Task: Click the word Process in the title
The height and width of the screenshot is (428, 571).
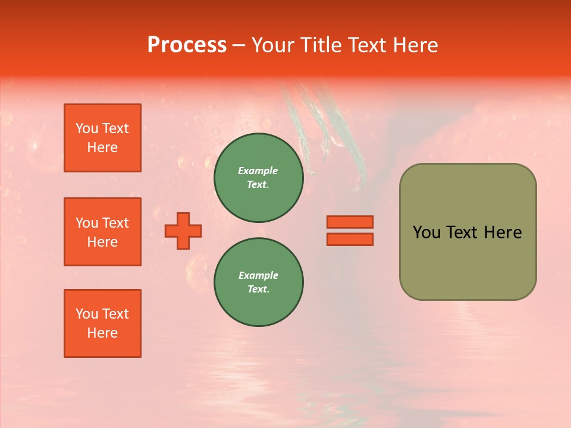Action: click(x=187, y=45)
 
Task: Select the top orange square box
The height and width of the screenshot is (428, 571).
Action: click(x=102, y=138)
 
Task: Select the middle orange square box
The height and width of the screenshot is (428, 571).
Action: click(x=102, y=232)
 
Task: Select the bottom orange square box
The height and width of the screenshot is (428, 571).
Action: click(x=102, y=323)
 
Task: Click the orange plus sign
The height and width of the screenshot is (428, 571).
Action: click(x=183, y=231)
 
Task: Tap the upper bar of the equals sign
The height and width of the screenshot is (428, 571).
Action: click(x=350, y=222)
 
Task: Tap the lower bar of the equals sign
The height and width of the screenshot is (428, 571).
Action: click(x=350, y=239)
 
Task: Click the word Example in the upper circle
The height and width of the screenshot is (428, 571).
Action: click(x=258, y=171)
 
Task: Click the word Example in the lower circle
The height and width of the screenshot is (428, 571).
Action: click(x=258, y=276)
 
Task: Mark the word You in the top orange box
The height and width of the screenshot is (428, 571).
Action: click(x=86, y=128)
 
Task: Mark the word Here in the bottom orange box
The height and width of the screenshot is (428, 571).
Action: click(x=102, y=333)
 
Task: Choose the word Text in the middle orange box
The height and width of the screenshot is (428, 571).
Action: click(x=115, y=223)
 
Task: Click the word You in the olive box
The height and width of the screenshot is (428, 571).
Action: click(x=426, y=232)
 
